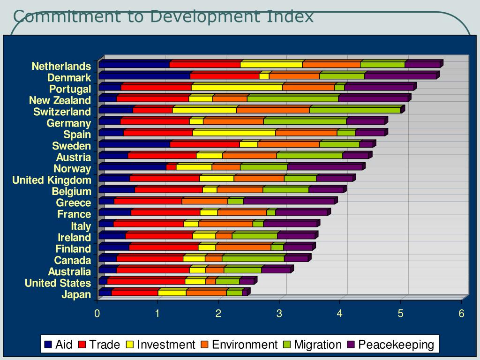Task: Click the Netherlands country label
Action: (61, 66)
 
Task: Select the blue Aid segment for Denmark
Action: (144, 76)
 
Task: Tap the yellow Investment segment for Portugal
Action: (237, 87)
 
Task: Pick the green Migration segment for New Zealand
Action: (292, 98)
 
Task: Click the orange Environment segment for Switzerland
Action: (273, 110)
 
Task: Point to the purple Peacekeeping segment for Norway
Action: (324, 167)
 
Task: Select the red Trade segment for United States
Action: (146, 281)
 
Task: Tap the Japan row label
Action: (76, 294)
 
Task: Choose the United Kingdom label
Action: (52, 180)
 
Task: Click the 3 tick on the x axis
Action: (279, 314)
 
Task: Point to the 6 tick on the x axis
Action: (461, 314)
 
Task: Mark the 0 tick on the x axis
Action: (97, 314)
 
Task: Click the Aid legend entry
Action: (59, 345)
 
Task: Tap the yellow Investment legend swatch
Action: (129, 345)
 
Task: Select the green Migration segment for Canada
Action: (253, 258)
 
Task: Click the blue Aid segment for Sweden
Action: (135, 144)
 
